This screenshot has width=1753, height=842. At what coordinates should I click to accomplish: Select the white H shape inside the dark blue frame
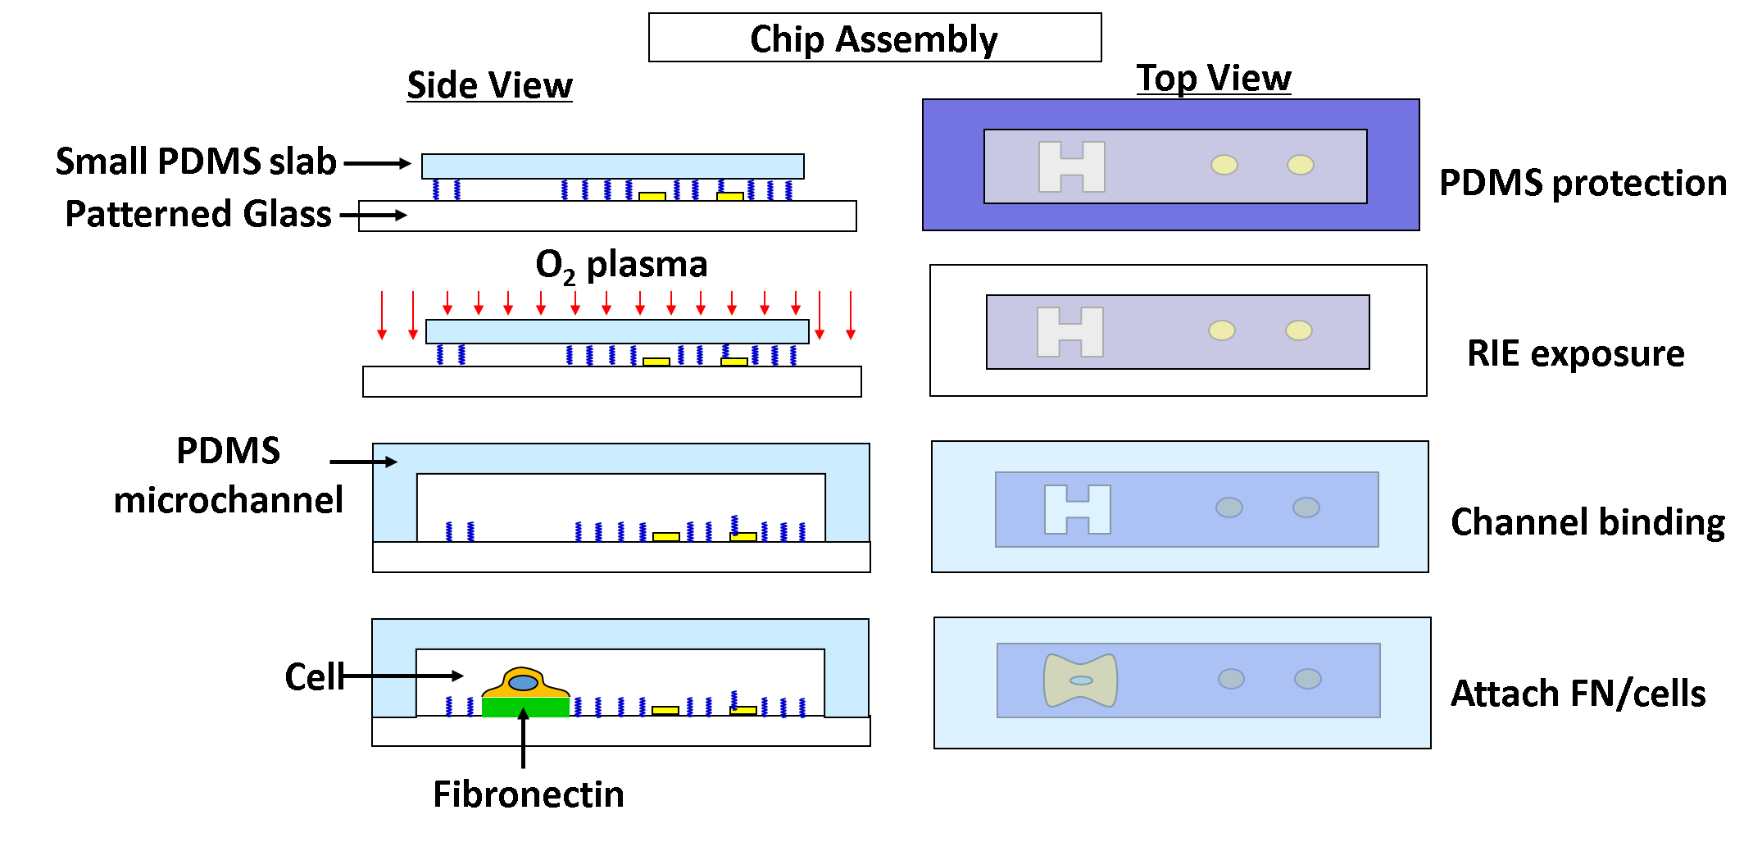1071,166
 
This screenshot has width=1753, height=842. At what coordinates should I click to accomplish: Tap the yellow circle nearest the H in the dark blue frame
1224,165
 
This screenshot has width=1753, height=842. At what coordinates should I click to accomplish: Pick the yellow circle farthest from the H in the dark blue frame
1301,165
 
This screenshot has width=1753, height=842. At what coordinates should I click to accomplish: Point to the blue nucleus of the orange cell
523,683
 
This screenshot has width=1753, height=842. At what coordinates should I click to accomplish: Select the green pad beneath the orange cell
525,708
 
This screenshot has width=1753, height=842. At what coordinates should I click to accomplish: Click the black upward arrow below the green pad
523,726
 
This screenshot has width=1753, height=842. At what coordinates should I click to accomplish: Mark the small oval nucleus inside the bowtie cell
1081,680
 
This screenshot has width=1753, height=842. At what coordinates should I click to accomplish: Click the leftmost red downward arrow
382,316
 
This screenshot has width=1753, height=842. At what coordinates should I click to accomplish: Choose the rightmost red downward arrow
851,316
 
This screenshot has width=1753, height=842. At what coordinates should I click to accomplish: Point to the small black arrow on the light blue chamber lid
386,462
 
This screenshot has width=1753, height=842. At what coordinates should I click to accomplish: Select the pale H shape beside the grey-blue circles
1077,509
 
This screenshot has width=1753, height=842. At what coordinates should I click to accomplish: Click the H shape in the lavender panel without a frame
1070,332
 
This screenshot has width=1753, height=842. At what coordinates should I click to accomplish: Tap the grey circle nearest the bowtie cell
1231,679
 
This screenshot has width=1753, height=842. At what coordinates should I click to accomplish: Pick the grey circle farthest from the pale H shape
1306,507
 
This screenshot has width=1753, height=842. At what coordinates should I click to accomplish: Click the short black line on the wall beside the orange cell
394,676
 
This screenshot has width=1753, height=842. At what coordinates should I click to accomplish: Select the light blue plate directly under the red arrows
617,331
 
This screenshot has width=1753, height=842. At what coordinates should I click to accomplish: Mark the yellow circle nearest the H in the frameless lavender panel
1221,330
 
